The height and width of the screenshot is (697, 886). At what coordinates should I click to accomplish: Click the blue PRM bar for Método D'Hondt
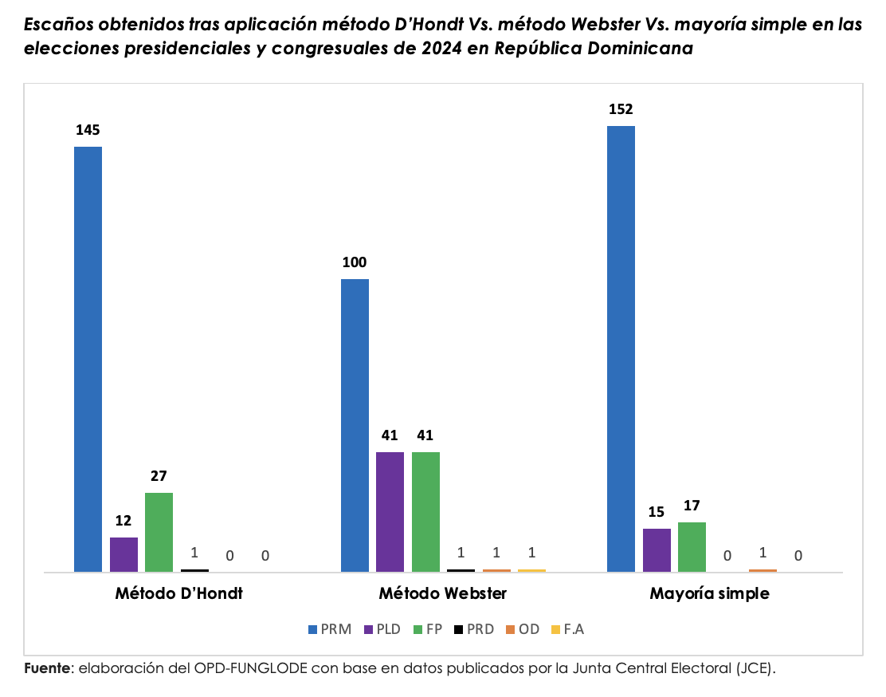pyautogui.click(x=88, y=359)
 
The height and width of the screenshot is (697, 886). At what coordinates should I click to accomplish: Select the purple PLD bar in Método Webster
pyautogui.click(x=390, y=511)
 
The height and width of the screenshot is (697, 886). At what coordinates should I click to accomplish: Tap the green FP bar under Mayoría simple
pyautogui.click(x=692, y=546)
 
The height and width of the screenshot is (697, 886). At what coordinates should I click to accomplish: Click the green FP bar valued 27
pyautogui.click(x=159, y=532)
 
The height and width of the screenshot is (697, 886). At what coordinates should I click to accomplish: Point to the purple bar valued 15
pyautogui.click(x=657, y=549)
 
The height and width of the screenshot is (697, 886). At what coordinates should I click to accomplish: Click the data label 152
pyautogui.click(x=621, y=109)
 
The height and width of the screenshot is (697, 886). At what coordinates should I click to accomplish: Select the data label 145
pyautogui.click(x=88, y=130)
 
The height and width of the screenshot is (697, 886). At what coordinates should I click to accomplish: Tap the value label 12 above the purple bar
pyautogui.click(x=123, y=521)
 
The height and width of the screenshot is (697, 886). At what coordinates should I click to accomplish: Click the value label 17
pyautogui.click(x=692, y=506)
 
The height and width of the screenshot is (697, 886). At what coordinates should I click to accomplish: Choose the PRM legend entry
pyautogui.click(x=330, y=629)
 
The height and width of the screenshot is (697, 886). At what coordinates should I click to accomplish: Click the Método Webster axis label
pyautogui.click(x=442, y=594)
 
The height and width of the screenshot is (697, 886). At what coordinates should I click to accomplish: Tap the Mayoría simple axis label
pyautogui.click(x=709, y=594)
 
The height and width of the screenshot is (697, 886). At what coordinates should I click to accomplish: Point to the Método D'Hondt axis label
pyautogui.click(x=178, y=594)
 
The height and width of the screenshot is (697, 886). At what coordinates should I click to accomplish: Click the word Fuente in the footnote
pyautogui.click(x=47, y=667)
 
